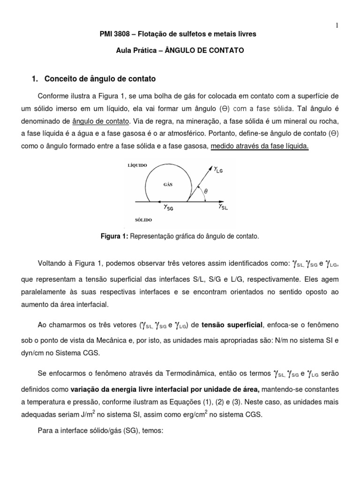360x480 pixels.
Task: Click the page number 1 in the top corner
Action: (x=337, y=25)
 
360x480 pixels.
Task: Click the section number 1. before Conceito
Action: (x=33, y=79)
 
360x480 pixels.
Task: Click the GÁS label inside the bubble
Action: (x=169, y=184)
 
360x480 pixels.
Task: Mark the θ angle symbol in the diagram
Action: (x=205, y=192)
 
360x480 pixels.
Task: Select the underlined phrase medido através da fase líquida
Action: (x=260, y=146)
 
